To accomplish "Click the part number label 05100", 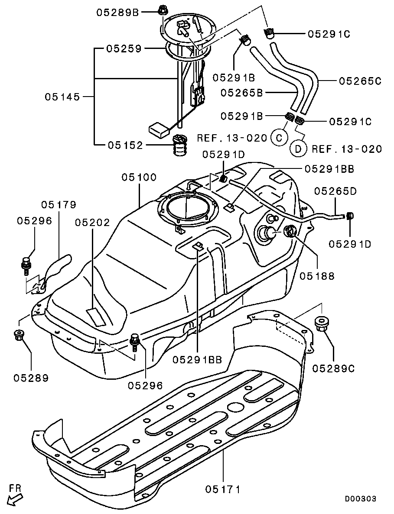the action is tap(139, 178).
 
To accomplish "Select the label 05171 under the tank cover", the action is tap(223, 489).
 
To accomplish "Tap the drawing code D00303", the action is tap(360, 498).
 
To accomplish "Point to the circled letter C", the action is tap(279, 137).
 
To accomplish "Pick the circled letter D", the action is tap(298, 149).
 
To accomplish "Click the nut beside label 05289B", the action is tap(161, 10).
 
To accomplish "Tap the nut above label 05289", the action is tap(18, 335).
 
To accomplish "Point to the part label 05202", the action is tap(92, 223).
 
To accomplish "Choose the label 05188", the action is tap(317, 276).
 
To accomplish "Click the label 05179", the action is tap(59, 205).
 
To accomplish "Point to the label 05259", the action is tap(124, 49).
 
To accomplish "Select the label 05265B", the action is tap(242, 93).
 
